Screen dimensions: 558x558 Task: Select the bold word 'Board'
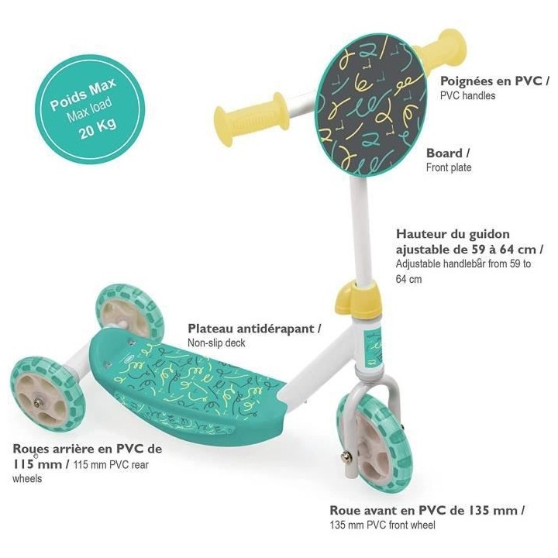pos(443,153)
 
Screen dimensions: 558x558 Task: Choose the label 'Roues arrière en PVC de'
pos(87,449)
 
